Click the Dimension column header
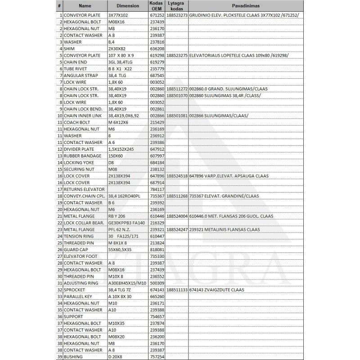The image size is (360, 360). (x=127, y=6)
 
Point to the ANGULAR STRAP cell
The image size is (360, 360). (x=81, y=76)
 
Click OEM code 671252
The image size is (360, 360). (x=156, y=15)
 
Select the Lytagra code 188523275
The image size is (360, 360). (x=177, y=55)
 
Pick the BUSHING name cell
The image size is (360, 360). (x=73, y=357)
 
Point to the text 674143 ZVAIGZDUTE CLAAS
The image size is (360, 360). (x=217, y=290)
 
